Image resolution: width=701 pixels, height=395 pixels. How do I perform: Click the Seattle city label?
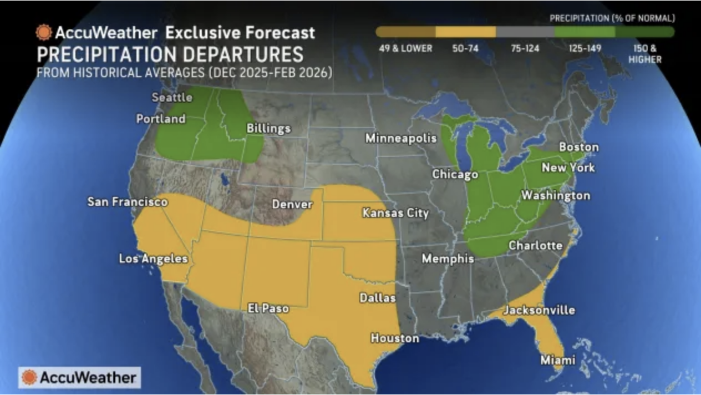coord(172,98)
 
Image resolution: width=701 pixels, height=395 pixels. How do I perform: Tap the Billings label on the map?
coord(268,129)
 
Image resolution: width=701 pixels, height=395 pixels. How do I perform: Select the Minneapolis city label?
coord(400,138)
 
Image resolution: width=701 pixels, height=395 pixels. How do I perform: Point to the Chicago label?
coord(455,174)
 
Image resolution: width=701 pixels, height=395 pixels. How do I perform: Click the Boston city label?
coord(578,147)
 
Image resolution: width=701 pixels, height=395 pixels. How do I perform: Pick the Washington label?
coord(555,195)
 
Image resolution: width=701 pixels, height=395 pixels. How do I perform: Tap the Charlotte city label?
coord(535,245)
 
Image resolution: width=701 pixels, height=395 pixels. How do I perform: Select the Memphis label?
coord(448,259)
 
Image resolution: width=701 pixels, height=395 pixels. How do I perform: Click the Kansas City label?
coord(395,212)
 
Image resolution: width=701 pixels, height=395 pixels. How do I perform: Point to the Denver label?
coord(292,204)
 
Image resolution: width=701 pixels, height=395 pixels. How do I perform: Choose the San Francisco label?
coord(127,201)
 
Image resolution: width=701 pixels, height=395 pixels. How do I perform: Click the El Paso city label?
coord(268,308)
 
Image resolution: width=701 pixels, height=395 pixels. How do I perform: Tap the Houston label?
coord(394,338)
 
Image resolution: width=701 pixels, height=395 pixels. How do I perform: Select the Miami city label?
coord(557,360)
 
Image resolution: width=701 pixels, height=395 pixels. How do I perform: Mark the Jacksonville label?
coord(539,310)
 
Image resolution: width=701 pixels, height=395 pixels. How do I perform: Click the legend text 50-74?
coord(465,49)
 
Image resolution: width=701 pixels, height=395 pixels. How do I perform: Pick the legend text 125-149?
coord(585,49)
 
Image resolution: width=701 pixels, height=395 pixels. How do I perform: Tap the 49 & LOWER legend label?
coord(405,49)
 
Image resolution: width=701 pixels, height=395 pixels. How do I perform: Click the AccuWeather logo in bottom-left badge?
coord(79,378)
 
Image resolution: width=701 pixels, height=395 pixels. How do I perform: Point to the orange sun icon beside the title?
coord(44,33)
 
